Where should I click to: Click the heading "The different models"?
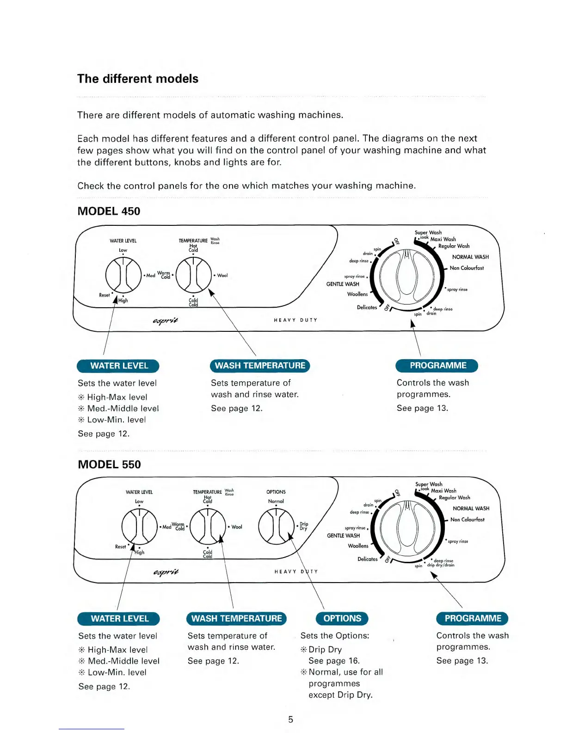(x=138, y=79)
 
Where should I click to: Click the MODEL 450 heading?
(x=109, y=211)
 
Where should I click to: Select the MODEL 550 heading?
(x=109, y=464)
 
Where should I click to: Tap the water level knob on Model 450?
(x=123, y=275)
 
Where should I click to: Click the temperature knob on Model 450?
(x=193, y=275)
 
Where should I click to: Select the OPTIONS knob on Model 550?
(x=276, y=526)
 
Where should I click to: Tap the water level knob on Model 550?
(x=139, y=526)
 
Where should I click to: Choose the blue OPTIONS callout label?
(x=342, y=618)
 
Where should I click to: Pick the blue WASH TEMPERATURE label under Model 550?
(x=236, y=618)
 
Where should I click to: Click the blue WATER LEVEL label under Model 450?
(x=118, y=366)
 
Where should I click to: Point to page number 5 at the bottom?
(x=290, y=719)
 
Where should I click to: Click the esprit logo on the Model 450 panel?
(x=166, y=320)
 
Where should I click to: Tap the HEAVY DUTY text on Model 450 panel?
(x=295, y=320)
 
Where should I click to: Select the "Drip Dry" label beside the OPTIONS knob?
(x=303, y=526)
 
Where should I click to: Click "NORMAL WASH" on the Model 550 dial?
(x=471, y=508)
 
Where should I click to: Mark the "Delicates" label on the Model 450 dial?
(x=367, y=307)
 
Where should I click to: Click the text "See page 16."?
(x=334, y=661)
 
